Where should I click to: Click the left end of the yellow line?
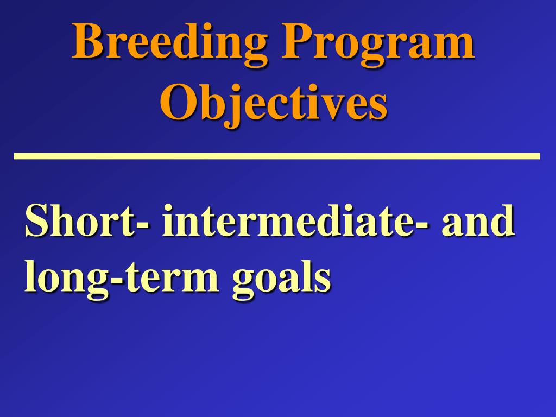pos(16,156)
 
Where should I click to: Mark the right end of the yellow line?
pos(538,156)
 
